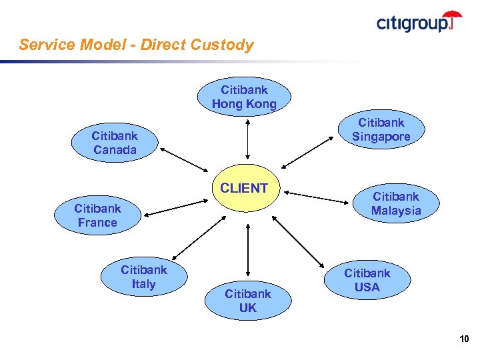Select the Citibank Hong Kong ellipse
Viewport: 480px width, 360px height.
(244, 97)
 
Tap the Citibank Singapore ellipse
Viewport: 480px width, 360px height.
(381, 130)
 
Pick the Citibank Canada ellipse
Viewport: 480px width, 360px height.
(114, 143)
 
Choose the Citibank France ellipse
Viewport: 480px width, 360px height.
(97, 215)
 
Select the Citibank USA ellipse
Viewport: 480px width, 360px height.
(367, 280)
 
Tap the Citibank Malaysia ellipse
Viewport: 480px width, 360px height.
(396, 203)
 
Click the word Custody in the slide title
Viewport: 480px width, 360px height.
(222, 45)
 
